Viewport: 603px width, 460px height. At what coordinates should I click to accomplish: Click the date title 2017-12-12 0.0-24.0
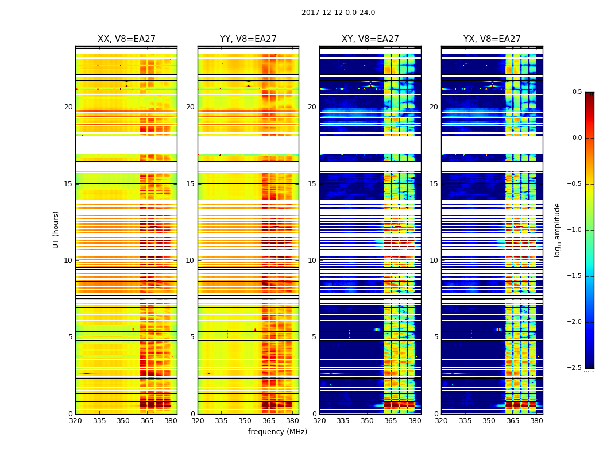tap(338, 13)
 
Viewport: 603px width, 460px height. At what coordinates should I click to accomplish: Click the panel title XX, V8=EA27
tap(126, 39)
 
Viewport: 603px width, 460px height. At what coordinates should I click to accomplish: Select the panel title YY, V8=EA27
tap(248, 39)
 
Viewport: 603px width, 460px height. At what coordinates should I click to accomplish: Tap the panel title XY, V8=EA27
tap(370, 39)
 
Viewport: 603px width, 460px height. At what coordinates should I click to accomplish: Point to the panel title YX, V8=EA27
tap(492, 39)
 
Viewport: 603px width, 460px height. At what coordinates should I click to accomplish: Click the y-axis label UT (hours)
tap(56, 229)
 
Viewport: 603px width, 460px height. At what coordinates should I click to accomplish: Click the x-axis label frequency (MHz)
tap(277, 432)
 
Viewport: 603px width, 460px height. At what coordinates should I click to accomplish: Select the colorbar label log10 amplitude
tap(557, 229)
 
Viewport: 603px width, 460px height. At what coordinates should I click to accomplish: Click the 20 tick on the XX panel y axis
tap(68, 107)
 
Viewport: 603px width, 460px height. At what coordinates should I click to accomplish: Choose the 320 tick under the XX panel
tap(75, 420)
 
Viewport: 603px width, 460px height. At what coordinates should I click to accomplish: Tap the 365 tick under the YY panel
tap(269, 420)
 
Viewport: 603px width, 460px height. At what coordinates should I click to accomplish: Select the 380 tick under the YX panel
tap(536, 420)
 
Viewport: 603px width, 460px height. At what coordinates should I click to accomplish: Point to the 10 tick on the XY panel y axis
tap(312, 260)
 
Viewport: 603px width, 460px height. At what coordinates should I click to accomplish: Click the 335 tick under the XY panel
tap(343, 420)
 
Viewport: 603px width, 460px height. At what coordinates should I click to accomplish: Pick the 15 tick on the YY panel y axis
tap(190, 184)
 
